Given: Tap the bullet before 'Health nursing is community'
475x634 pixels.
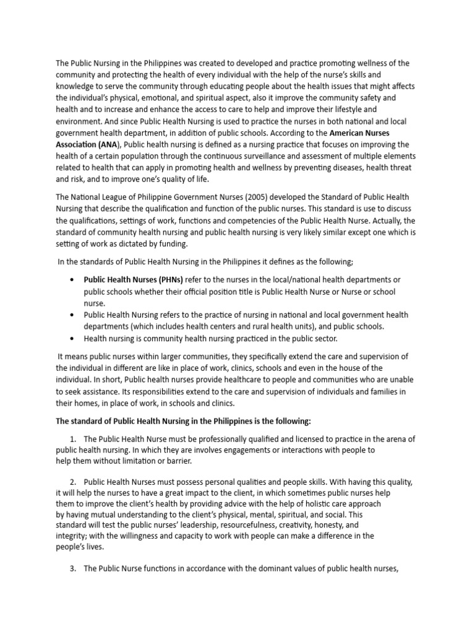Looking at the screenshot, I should (x=74, y=339).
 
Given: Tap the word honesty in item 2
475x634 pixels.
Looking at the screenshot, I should (x=328, y=524).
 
